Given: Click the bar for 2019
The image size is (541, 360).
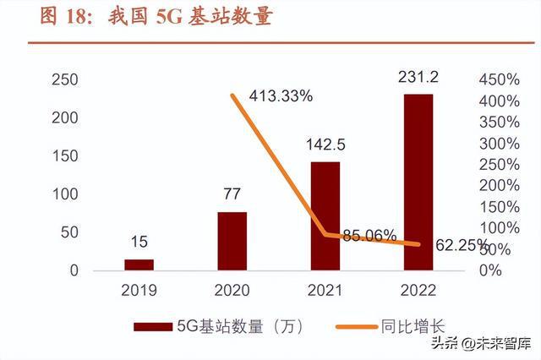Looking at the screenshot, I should pos(139,265).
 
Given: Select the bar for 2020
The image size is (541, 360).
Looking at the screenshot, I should pos(232,241).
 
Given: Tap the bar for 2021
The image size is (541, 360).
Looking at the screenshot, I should pos(325,215).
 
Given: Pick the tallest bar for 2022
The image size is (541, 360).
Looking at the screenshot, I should pos(418,182).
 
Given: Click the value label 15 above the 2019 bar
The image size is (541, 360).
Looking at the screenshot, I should pos(139,243).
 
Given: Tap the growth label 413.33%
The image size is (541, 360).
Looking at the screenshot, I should pos(281,95).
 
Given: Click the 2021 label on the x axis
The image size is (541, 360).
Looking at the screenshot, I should pos(325,291).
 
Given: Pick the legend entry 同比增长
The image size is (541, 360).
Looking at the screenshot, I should pos(397,325).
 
